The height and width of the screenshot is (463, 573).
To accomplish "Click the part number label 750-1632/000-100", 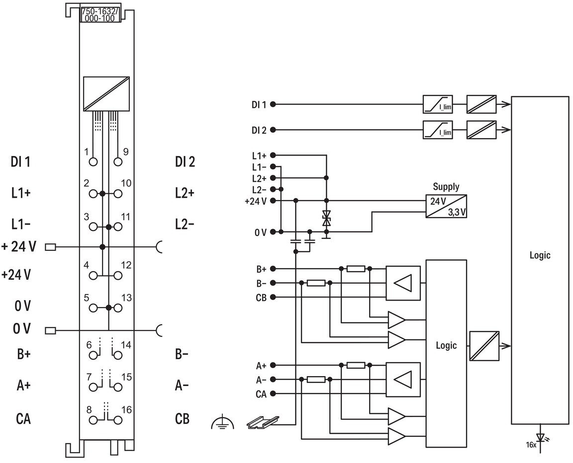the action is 100,15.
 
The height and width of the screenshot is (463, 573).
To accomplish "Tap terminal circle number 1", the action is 94,161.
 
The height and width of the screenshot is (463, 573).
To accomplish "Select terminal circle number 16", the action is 118,420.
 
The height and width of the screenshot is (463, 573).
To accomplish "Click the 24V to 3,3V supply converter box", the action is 446,206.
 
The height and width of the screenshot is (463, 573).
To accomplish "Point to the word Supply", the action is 446,187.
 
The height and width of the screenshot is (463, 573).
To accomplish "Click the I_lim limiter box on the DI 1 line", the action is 438,104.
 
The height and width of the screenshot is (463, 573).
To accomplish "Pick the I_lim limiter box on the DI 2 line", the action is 438,130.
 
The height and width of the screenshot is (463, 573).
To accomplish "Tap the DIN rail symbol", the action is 263,422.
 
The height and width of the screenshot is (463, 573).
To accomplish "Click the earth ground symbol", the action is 222,423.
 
